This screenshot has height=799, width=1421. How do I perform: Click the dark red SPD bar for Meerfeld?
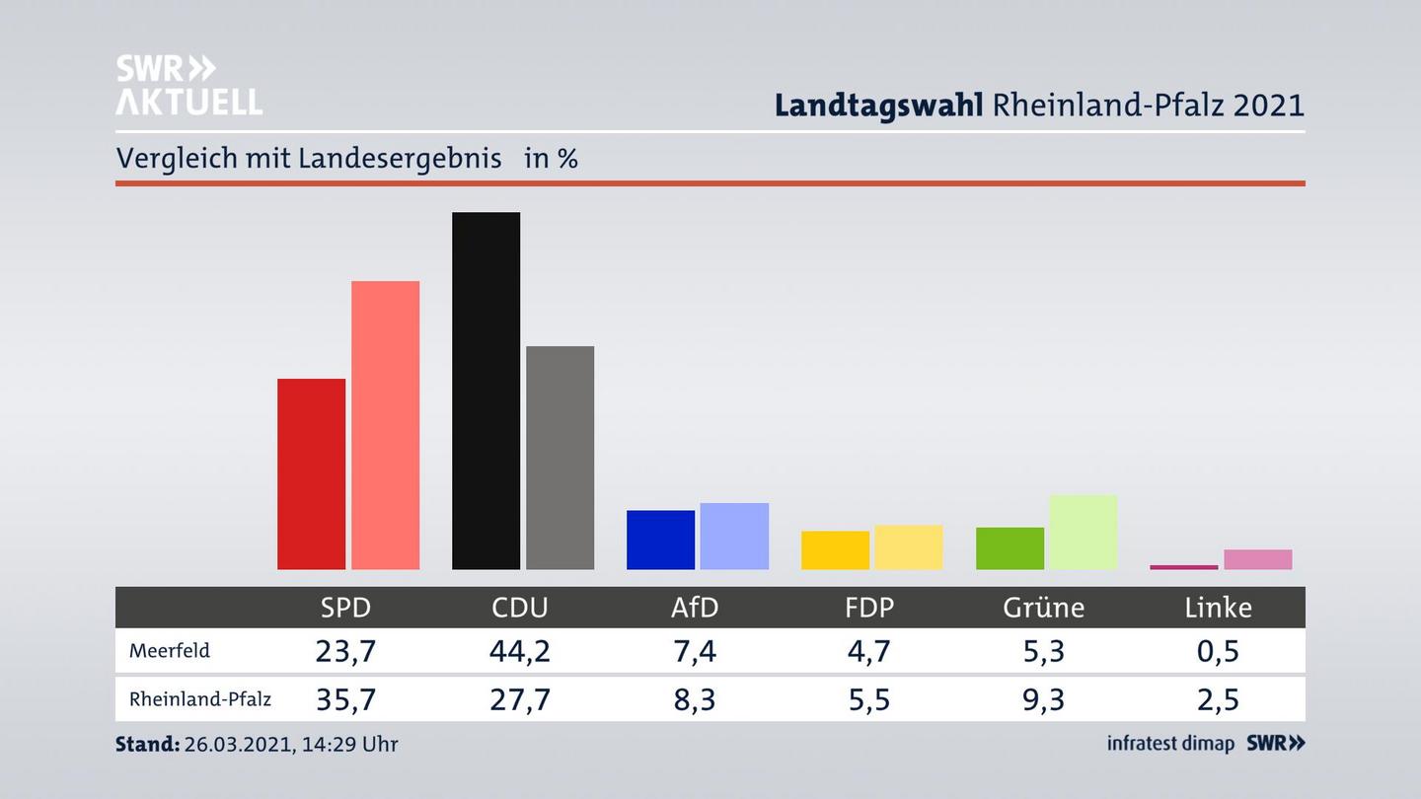[311, 473]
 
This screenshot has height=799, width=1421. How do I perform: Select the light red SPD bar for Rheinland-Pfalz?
[385, 424]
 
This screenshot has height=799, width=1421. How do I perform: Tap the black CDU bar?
[486, 390]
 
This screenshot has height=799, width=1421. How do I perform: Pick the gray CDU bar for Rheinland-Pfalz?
[560, 457]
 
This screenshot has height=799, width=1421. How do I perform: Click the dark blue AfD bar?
[660, 540]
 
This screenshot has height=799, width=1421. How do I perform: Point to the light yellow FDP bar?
[908, 546]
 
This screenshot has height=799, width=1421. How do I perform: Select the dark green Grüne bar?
[1010, 548]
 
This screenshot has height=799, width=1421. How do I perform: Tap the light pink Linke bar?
[1257, 559]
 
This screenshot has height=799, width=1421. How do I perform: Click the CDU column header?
[520, 608]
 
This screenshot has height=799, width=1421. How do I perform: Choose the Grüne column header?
[1043, 608]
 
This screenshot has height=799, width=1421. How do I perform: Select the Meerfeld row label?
[169, 651]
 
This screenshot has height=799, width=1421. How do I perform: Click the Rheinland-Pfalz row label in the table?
[199, 699]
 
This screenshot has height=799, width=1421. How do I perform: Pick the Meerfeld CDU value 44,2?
[520, 651]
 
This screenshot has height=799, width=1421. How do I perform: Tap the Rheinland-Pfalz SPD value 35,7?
[345, 699]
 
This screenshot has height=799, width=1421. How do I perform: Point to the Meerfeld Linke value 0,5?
[1218, 651]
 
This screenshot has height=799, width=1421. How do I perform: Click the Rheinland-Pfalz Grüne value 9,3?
[1043, 699]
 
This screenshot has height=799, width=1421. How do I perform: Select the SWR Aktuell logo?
[188, 85]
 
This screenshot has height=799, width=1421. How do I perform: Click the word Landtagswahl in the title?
[878, 105]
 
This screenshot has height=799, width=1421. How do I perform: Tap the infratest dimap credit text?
[1170, 743]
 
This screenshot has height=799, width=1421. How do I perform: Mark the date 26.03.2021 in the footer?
[237, 744]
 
